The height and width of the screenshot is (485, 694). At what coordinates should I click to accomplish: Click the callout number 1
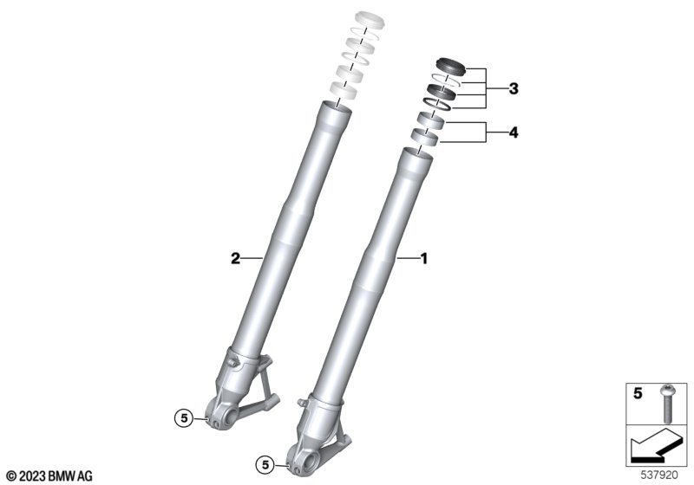click(x=423, y=258)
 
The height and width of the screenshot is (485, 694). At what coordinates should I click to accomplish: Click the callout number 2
click(x=235, y=258)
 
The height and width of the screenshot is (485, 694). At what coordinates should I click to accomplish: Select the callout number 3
click(x=513, y=89)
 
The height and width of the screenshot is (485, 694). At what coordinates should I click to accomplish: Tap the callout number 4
click(x=514, y=133)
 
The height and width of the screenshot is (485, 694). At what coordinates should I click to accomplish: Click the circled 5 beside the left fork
click(x=184, y=417)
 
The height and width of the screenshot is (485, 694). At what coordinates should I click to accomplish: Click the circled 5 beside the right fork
click(x=265, y=465)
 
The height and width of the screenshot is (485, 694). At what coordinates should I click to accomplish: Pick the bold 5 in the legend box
click(x=638, y=392)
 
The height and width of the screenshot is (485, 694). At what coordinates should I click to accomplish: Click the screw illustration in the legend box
click(x=666, y=403)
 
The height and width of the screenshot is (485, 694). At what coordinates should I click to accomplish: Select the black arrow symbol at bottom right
click(x=655, y=447)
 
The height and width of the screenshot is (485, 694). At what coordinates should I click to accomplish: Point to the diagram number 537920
click(x=659, y=475)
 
